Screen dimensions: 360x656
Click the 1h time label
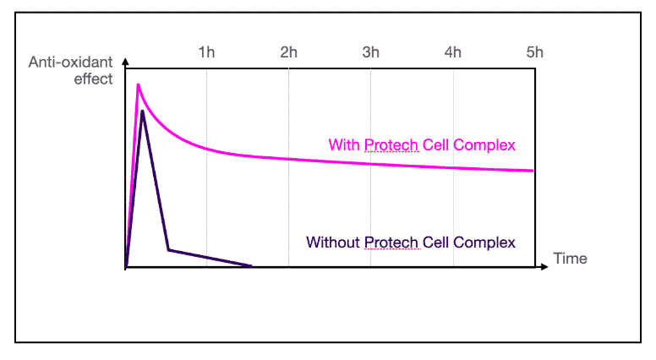click(x=206, y=52)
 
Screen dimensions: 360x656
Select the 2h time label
click(x=289, y=52)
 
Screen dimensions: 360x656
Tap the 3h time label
click(x=371, y=52)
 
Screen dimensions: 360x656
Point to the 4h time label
click(x=453, y=52)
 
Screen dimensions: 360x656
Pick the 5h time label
click(x=534, y=52)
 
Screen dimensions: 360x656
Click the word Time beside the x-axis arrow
click(x=570, y=258)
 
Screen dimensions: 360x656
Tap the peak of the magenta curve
click(x=138, y=85)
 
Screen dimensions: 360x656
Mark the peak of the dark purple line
click(x=144, y=111)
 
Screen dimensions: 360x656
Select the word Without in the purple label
click(x=333, y=242)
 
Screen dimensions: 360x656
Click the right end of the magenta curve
click(x=533, y=171)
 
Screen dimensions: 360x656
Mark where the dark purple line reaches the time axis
click(x=252, y=267)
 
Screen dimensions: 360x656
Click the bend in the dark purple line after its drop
click(x=168, y=249)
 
